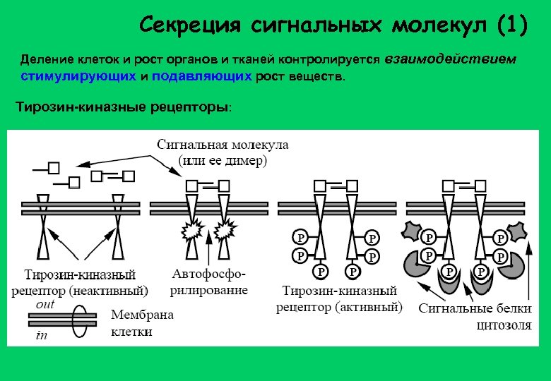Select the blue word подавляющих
click(201, 76)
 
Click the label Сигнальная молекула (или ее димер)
click(222, 152)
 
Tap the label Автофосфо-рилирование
click(210, 282)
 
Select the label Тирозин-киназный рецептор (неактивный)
click(80, 282)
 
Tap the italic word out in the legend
click(45, 303)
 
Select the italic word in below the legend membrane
click(42, 336)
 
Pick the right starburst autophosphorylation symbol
click(226, 229)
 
